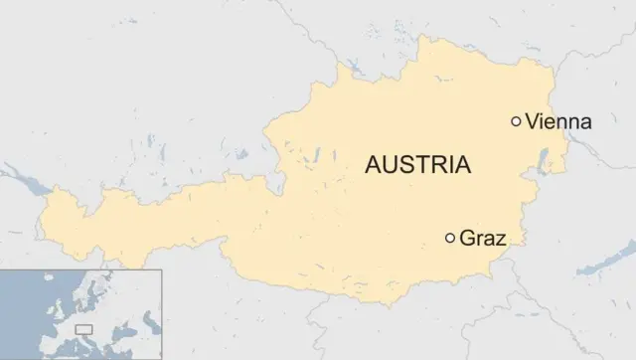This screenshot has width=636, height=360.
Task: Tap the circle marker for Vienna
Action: tap(516, 121)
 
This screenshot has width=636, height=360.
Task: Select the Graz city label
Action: tap(484, 239)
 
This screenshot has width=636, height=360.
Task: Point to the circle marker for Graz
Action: tap(450, 238)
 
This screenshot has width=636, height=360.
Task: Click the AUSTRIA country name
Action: tap(417, 165)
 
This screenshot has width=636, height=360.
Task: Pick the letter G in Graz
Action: tap(468, 239)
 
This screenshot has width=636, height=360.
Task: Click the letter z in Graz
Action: tap(502, 241)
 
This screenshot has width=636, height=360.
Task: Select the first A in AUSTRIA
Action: tap(374, 165)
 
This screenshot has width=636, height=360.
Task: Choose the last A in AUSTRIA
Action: tap(462, 165)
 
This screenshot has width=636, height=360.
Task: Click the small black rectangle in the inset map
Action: tap(82, 327)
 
